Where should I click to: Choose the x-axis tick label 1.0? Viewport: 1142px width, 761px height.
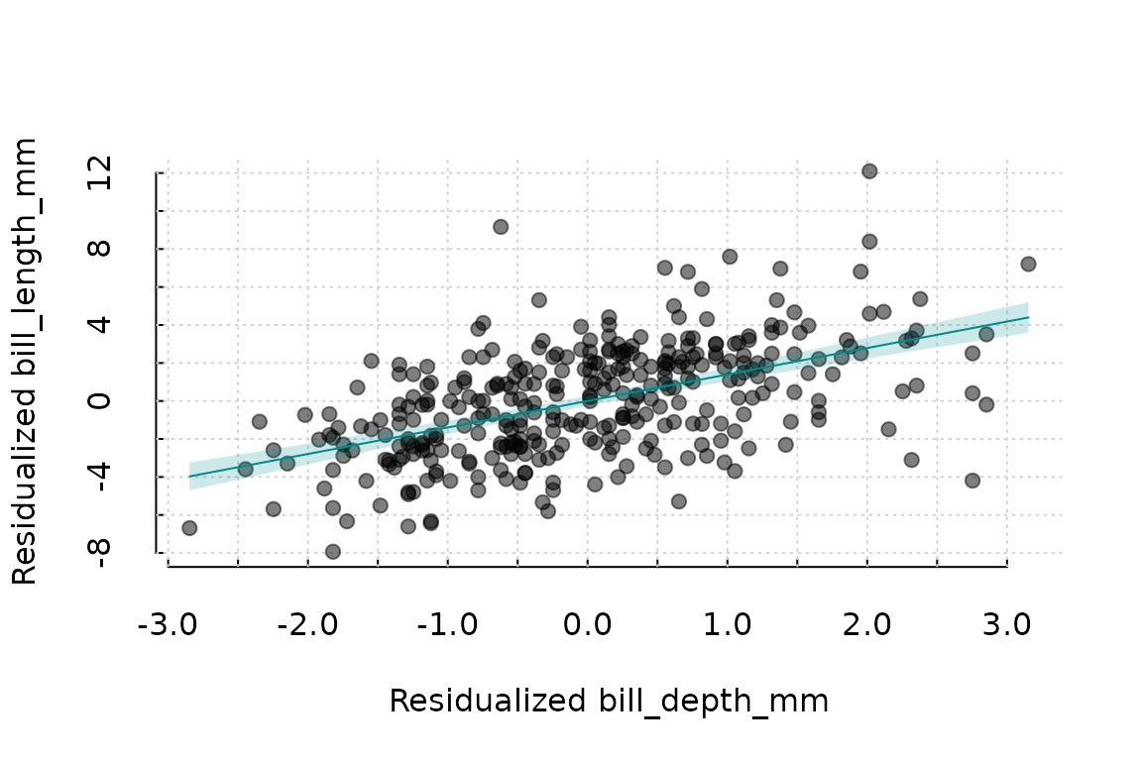[x=728, y=627]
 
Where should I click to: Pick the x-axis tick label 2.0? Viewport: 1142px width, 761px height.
[x=867, y=627]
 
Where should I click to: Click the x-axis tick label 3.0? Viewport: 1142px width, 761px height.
[x=1007, y=627]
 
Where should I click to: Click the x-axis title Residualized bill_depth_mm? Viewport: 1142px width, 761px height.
[x=608, y=702]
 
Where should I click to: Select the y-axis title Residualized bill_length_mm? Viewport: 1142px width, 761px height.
[x=26, y=362]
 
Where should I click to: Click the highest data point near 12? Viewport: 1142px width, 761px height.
[x=869, y=171]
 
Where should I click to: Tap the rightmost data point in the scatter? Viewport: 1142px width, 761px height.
[x=1028, y=265]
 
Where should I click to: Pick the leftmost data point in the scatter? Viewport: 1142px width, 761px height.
[x=189, y=528]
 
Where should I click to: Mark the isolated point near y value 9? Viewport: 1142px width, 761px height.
[x=501, y=227]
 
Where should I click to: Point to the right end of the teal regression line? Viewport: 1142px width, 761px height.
[x=1028, y=317]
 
